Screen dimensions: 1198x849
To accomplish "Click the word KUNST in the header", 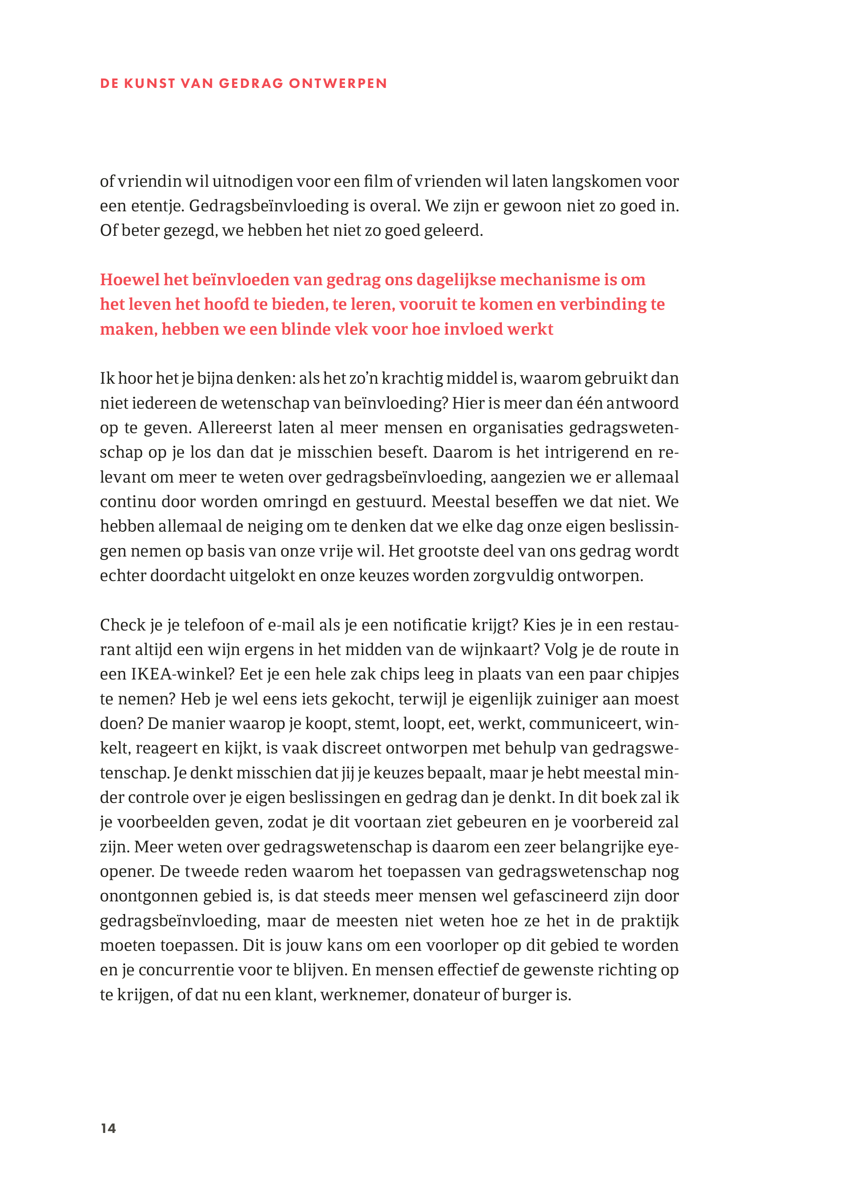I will pyautogui.click(x=150, y=84).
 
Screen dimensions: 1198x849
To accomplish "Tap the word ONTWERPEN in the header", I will pyautogui.click(x=338, y=84).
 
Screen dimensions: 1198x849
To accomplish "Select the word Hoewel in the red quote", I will pyautogui.click(x=130, y=280).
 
